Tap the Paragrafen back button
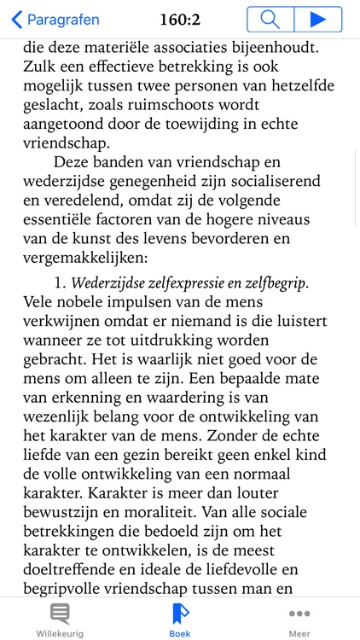[55, 19]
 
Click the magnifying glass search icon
[270, 19]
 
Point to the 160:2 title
[180, 19]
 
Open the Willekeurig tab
[60, 620]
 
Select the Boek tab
[180, 620]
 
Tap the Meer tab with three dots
[299, 620]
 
